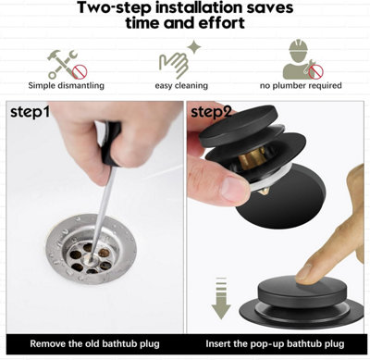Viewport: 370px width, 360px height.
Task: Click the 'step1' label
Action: [x=30, y=112]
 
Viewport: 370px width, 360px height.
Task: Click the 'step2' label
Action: [x=211, y=112]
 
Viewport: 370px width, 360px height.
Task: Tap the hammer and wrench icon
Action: [x=68, y=64]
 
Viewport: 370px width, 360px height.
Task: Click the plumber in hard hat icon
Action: [x=302, y=59]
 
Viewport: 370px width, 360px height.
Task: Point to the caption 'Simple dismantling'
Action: [x=67, y=85]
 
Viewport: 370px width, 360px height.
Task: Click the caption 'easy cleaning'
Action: [x=181, y=85]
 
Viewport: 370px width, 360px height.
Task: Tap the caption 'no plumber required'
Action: [x=301, y=85]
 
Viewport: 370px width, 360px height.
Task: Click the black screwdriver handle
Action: [x=111, y=143]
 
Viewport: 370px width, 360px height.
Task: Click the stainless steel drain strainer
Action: [x=92, y=249]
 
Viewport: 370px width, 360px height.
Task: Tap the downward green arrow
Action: [x=221, y=298]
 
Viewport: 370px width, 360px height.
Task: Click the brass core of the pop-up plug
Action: [x=253, y=158]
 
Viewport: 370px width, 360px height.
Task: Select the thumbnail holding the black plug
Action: [x=235, y=189]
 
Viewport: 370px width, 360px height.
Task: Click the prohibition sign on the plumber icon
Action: [x=316, y=72]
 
